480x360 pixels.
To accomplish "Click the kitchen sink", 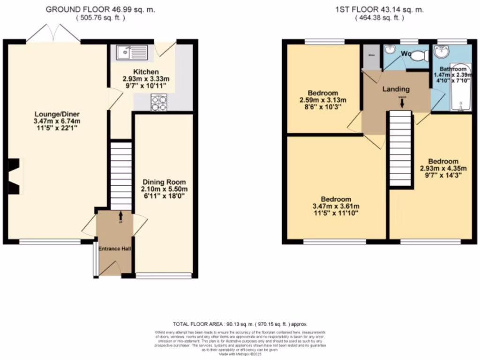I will click(130, 52).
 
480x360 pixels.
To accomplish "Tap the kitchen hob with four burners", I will click(158, 103).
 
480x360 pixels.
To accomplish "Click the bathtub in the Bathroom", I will click(460, 87).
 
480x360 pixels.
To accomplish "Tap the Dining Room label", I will click(164, 182).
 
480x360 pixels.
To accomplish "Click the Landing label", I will click(396, 89).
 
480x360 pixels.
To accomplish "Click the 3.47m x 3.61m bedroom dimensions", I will click(336, 206).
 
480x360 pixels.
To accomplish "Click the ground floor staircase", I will click(121, 176).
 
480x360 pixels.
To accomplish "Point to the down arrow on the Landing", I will click(401, 102).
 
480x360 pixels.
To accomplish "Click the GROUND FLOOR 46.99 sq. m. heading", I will click(100, 9).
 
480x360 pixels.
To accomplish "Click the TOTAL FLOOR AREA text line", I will click(240, 324).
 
